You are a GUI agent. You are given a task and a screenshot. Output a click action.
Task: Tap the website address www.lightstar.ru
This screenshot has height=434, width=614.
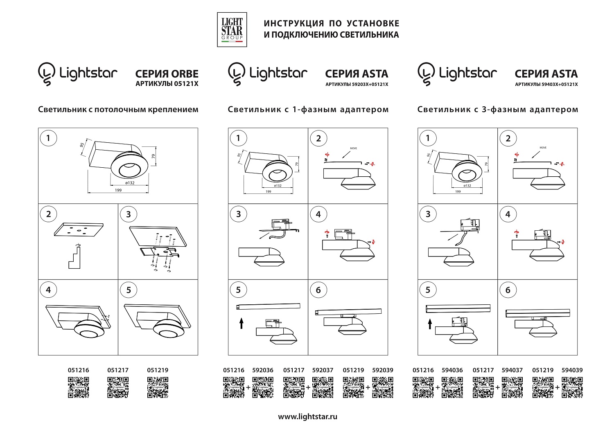pos(307,416)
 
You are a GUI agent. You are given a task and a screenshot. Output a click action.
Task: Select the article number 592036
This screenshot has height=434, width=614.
pos(263,370)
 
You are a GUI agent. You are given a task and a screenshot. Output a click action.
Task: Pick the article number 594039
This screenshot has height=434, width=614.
pos(572,370)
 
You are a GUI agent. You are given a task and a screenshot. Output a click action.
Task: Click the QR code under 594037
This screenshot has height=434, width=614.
pos(512,387)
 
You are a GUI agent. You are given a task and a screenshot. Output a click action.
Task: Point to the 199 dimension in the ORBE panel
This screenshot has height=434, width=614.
pos(118,190)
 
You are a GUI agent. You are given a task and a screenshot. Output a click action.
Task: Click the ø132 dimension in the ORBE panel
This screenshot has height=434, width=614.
pos(129,183)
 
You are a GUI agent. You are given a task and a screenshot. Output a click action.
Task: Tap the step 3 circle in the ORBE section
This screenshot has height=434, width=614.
pos(129,214)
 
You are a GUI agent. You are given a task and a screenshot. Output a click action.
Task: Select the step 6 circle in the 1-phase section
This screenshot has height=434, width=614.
pos(318,290)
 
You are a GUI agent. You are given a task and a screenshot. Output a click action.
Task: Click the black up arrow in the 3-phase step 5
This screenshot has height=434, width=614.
pos(429,324)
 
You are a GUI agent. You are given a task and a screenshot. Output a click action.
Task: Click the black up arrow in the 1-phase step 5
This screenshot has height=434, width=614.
pos(241,324)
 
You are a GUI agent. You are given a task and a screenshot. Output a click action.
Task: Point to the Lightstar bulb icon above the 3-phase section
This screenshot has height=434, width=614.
pos(426,74)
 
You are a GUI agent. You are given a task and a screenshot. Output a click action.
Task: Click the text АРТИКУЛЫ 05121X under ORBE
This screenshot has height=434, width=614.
pos(167,84)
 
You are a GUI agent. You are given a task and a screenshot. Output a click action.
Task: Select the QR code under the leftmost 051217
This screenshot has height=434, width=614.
pos(118,387)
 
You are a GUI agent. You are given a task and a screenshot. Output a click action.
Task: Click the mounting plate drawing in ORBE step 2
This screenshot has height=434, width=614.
pos(78,229)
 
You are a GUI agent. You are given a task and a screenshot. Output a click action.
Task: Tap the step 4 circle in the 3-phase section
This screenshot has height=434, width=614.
pos(508,214)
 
